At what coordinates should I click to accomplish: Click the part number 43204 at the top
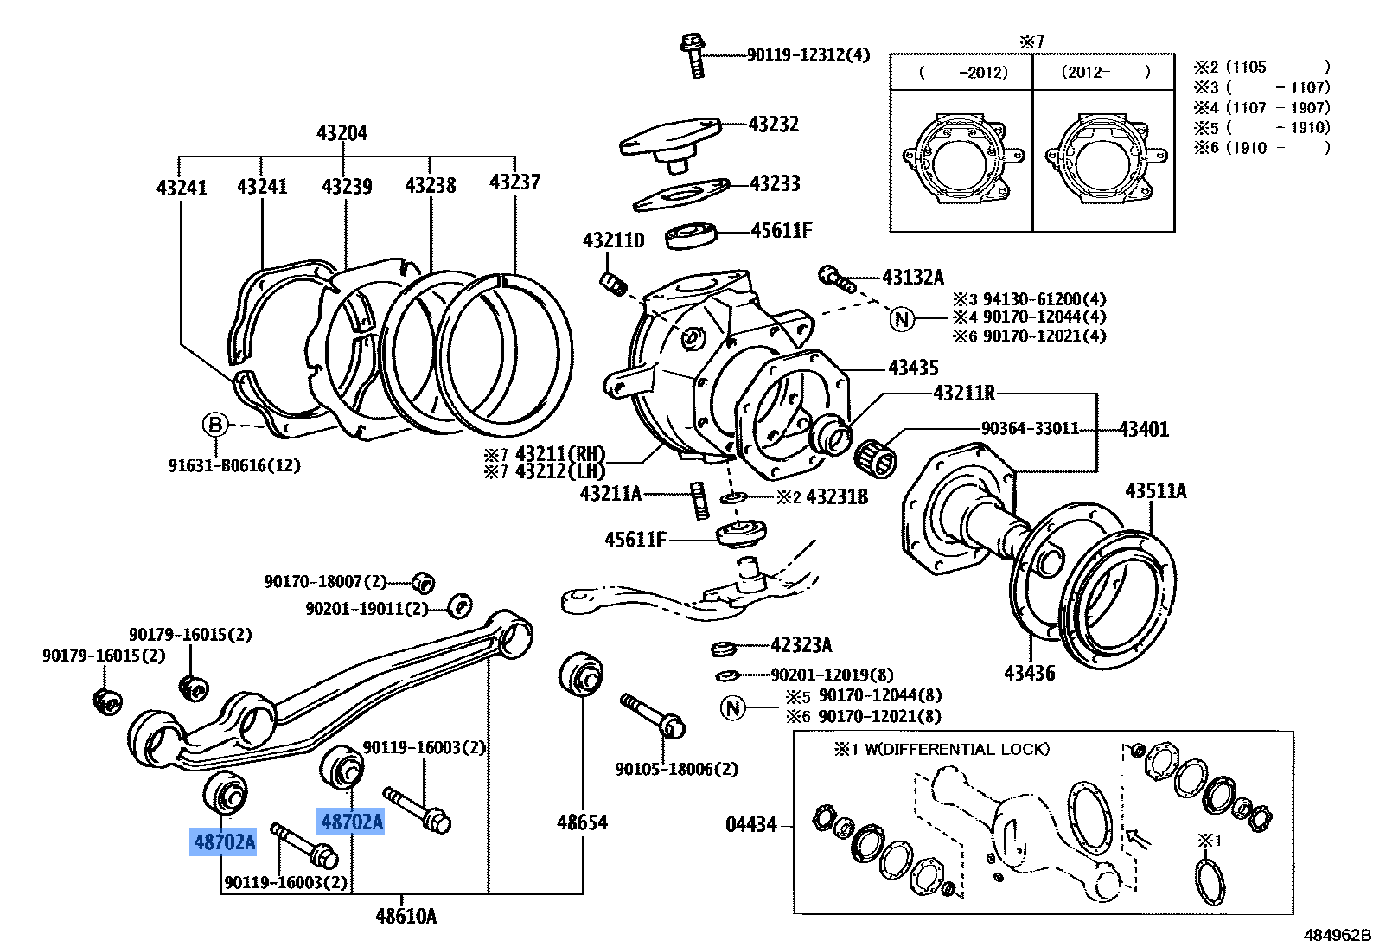tap(342, 133)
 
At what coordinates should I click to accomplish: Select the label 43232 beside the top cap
tap(774, 125)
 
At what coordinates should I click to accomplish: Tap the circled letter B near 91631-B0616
tap(214, 424)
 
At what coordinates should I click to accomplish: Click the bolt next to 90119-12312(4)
tap(694, 55)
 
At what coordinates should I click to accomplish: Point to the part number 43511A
tap(1155, 491)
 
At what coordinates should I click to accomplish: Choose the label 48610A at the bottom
tap(406, 917)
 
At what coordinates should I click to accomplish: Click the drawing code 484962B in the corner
tap(1337, 936)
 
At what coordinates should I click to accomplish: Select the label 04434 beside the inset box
tap(750, 824)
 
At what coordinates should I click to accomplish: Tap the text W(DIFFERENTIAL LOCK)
tap(957, 749)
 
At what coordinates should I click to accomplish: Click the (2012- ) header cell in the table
tap(1104, 73)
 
